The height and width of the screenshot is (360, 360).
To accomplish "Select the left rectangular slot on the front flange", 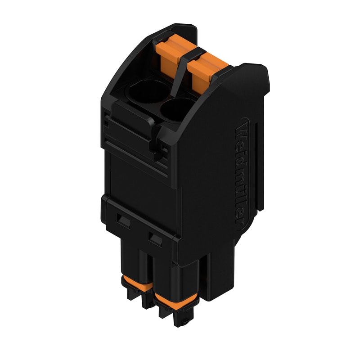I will coord(122,220).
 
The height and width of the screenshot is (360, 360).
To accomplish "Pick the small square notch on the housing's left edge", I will coord(106,121).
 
